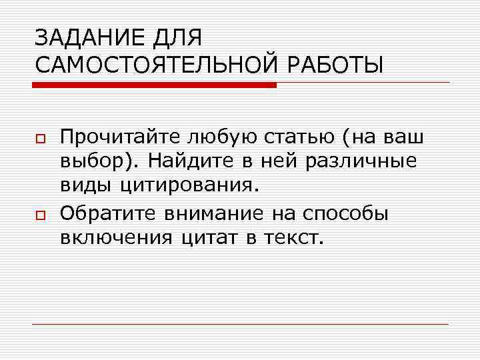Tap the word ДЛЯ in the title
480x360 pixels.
click(177, 38)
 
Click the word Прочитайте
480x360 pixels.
click(121, 137)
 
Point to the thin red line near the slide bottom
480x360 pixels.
click(240, 325)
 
